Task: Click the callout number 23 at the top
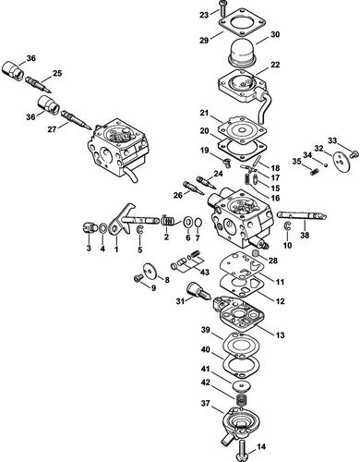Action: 203,16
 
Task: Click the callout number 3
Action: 89,249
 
